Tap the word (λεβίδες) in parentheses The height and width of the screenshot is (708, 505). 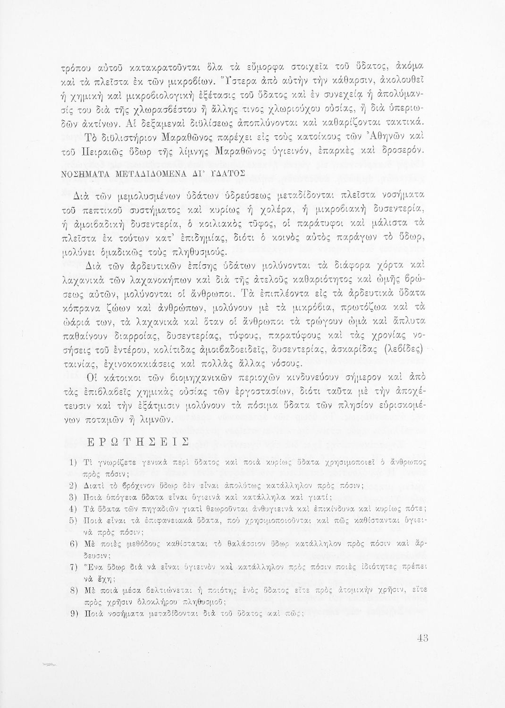tap(404, 351)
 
